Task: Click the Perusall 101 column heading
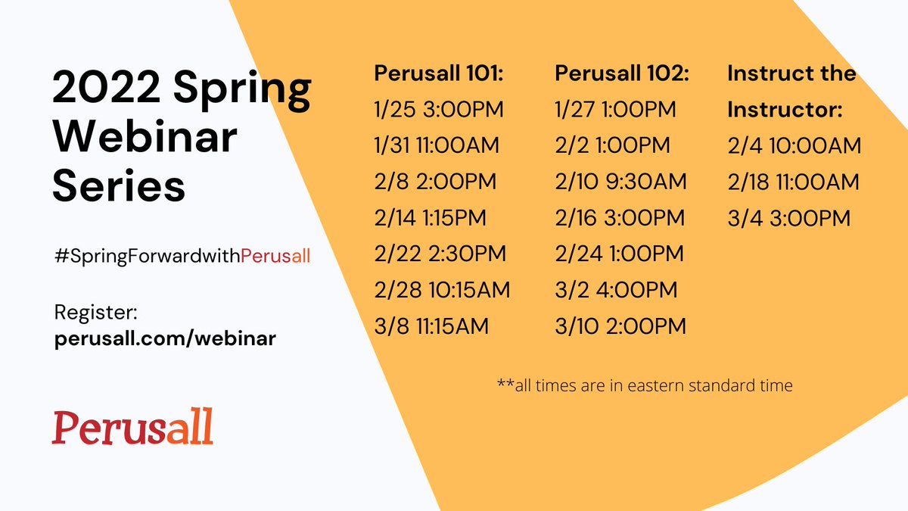[x=439, y=74]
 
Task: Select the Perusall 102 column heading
[x=622, y=74]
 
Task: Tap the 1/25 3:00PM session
[x=439, y=110]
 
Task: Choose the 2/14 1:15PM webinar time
[x=431, y=218]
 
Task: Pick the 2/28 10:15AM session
[x=443, y=289]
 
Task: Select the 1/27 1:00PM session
[x=616, y=110]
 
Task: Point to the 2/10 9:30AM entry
[x=620, y=182]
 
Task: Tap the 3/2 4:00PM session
[x=616, y=289]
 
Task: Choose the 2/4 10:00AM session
[x=794, y=145]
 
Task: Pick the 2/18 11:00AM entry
[x=793, y=182]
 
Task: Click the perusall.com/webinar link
[x=165, y=339]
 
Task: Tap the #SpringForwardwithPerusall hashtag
[x=182, y=256]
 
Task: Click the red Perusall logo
[x=132, y=427]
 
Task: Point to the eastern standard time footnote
[x=645, y=385]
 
